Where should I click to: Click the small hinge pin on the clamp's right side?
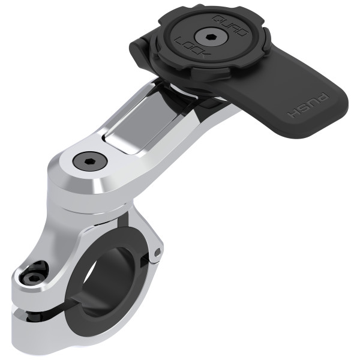click(x=157, y=253)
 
